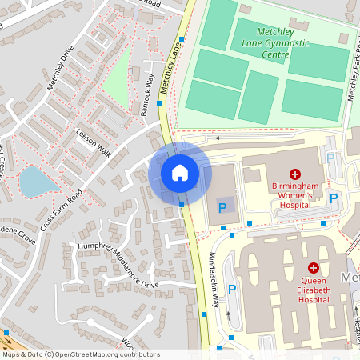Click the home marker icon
[180, 173]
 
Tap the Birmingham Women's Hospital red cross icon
[295, 174]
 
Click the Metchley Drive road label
[62, 69]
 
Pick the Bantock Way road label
[148, 96]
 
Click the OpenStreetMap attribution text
[80, 354]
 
